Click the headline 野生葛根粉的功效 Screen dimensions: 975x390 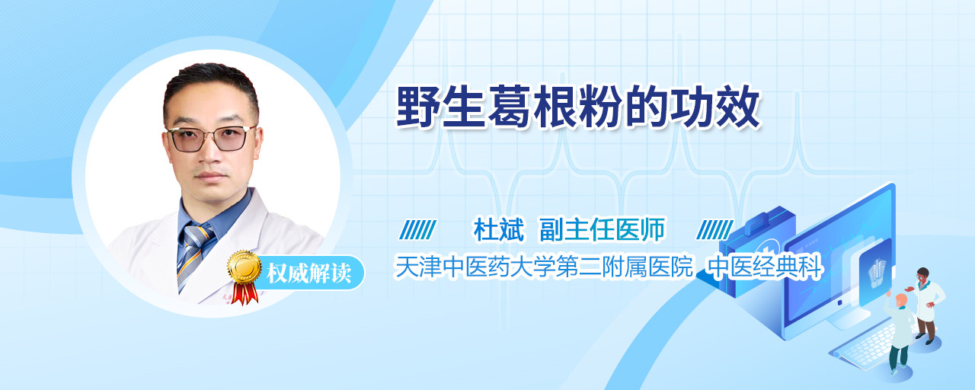(578, 107)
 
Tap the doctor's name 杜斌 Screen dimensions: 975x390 (499, 229)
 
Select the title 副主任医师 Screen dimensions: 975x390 (602, 229)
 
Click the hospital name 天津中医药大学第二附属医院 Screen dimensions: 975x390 (543, 267)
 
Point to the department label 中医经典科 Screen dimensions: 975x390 (764, 267)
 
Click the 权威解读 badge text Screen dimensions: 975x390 (309, 273)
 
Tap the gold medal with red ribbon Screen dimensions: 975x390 (245, 277)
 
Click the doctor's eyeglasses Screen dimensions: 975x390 (212, 139)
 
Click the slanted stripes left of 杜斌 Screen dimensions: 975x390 (418, 230)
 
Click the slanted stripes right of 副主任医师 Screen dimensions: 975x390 (714, 230)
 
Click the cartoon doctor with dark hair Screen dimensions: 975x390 (927, 305)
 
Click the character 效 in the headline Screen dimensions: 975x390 (738, 107)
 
